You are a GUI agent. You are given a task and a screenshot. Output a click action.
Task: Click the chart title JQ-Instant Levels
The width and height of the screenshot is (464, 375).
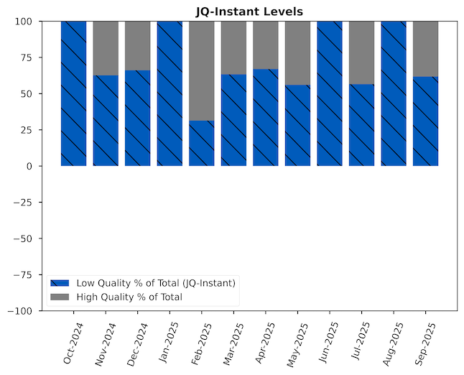(249, 11)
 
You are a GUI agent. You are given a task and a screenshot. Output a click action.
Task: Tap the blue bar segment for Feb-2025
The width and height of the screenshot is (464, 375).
(202, 143)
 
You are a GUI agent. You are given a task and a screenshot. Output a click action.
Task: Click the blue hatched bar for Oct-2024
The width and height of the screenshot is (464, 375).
(74, 93)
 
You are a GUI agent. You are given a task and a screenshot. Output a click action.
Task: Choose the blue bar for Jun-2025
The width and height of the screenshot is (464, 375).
(330, 93)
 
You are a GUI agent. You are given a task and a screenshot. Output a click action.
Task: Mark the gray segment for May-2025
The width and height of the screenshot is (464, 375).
(297, 52)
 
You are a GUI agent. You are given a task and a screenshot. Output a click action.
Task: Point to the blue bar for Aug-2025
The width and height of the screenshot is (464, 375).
(394, 93)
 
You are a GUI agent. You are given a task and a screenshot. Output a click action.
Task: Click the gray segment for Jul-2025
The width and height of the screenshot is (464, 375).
(361, 52)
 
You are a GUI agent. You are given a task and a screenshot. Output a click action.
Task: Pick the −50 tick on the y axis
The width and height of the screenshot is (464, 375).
(22, 239)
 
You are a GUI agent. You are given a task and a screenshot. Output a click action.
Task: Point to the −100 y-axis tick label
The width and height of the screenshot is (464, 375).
(19, 310)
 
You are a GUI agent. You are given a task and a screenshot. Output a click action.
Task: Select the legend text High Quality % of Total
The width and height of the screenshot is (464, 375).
(129, 297)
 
